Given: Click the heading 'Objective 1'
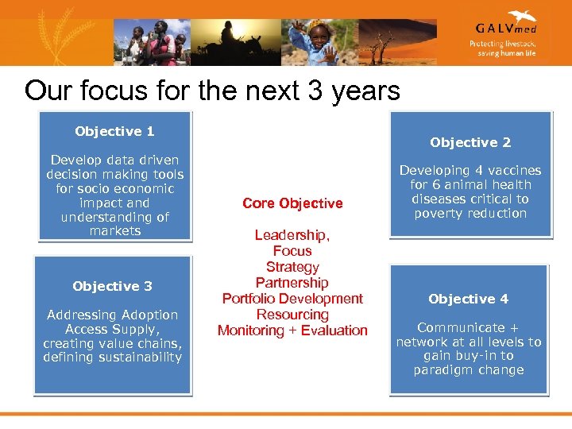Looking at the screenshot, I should [x=114, y=132].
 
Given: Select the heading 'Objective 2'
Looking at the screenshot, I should [x=470, y=143].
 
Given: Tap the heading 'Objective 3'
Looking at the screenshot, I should [x=112, y=286].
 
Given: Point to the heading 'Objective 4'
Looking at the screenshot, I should [x=468, y=299].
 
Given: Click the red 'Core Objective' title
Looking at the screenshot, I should [x=292, y=203].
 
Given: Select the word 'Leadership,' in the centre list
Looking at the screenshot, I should [x=292, y=235].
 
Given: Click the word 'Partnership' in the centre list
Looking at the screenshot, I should [x=292, y=283].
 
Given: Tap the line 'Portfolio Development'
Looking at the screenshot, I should [x=292, y=299].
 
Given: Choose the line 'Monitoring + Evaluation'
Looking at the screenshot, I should [x=292, y=330].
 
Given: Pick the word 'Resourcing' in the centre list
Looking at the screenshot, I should [x=292, y=315].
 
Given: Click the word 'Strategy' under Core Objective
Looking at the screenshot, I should [x=292, y=267].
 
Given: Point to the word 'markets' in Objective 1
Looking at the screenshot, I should [x=114, y=231].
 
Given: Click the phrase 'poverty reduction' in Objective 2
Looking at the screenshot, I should [x=470, y=213].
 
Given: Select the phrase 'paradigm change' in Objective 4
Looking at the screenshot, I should [x=469, y=370].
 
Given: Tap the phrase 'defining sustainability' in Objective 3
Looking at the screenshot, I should [x=112, y=357].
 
